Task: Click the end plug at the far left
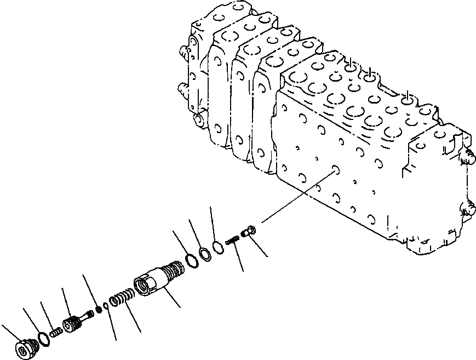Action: click(x=25, y=350)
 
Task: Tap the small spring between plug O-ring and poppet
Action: click(x=56, y=332)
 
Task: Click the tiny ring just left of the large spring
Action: click(x=107, y=305)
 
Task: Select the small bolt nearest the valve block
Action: click(x=247, y=233)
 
